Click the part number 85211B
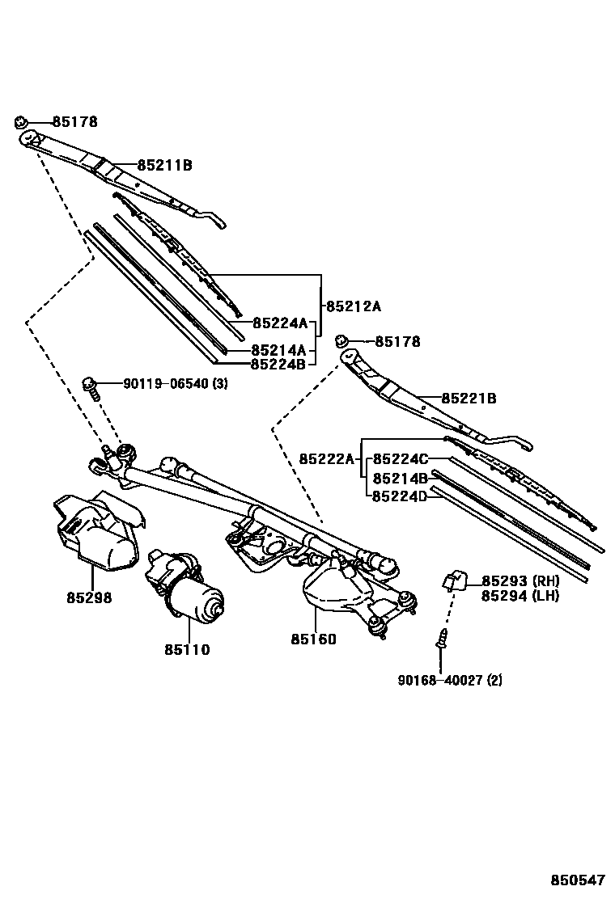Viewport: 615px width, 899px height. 164,165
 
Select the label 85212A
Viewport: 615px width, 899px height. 353,306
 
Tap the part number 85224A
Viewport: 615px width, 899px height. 280,323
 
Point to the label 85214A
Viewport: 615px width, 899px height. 278,350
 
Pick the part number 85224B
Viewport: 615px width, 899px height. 278,364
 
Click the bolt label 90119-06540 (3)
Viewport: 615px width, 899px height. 176,383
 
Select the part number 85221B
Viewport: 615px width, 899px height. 469,399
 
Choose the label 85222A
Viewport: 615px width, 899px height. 327,458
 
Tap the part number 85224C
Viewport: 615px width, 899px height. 400,459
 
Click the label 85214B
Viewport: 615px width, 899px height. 400,478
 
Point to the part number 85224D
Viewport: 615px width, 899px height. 400,496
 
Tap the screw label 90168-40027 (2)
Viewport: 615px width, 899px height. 449,681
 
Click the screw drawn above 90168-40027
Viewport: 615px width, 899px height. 443,639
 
